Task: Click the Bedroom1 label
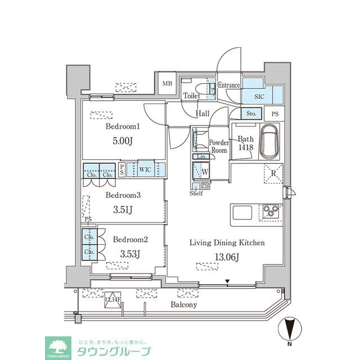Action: click(x=123, y=127)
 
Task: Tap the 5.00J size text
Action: click(x=123, y=142)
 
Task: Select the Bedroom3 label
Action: click(x=123, y=196)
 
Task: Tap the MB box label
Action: click(x=167, y=84)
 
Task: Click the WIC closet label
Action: click(x=145, y=168)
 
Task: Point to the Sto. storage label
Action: click(x=251, y=114)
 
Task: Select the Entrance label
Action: click(x=229, y=85)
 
